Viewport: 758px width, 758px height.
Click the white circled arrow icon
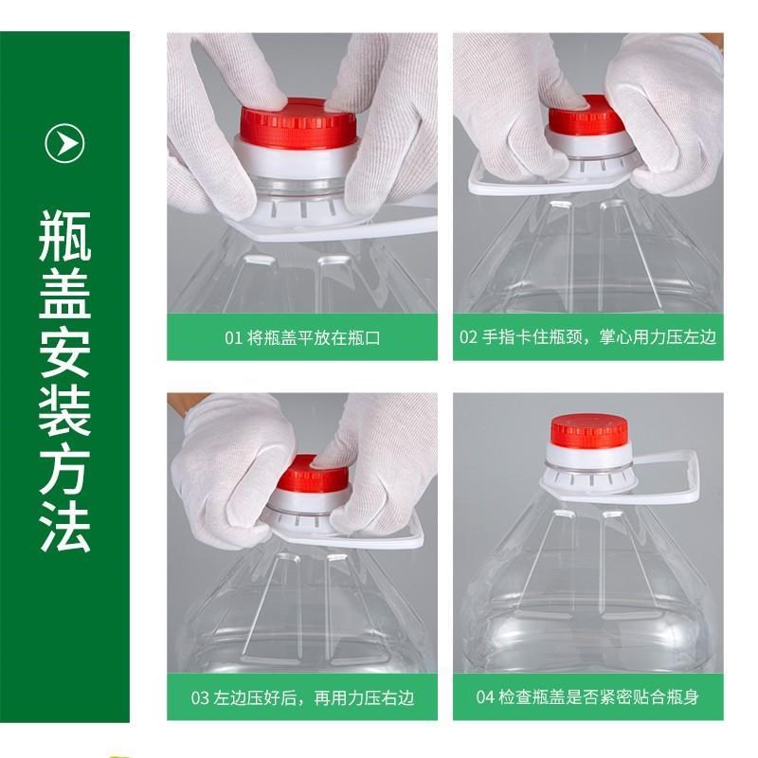coord(64,143)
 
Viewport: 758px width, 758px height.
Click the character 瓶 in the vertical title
coord(64,232)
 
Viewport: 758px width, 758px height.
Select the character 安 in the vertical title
coord(64,350)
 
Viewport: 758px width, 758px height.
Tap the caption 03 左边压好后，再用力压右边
coord(302,698)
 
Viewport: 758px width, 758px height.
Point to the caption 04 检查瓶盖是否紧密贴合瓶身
coord(587,698)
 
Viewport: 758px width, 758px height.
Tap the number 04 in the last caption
coord(485,698)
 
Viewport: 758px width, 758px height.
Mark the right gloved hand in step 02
coord(668,104)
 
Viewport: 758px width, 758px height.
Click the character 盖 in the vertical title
coord(64,291)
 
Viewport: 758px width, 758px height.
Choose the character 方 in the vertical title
coord(64,466)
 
